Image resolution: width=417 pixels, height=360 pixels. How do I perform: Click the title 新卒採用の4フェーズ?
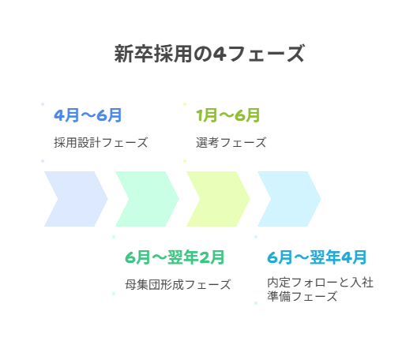click(209, 54)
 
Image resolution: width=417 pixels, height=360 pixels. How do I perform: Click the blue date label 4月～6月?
click(88, 115)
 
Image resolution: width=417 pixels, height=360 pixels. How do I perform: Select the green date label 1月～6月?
click(228, 115)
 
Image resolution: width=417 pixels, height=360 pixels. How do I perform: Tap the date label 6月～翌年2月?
click(175, 257)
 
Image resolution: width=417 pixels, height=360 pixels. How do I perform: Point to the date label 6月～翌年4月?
click(317, 257)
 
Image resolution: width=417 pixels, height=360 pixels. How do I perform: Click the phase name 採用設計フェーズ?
click(101, 143)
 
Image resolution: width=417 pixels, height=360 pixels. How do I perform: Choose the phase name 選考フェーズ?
click(231, 143)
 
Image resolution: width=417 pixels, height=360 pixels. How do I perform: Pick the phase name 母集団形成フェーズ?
click(178, 284)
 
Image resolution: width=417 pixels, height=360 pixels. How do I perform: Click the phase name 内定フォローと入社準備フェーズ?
click(320, 289)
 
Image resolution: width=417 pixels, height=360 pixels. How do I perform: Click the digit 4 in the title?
click(220, 54)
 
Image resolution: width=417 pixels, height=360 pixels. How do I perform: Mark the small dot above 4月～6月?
click(43, 104)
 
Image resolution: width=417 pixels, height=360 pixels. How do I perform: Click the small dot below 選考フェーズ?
click(185, 161)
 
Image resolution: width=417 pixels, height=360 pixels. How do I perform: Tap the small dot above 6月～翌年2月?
click(114, 237)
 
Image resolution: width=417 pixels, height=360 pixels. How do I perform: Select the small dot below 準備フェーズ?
click(256, 303)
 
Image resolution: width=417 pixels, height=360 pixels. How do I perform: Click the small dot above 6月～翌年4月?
click(256, 237)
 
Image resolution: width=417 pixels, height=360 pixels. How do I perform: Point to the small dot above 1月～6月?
click(185, 104)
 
